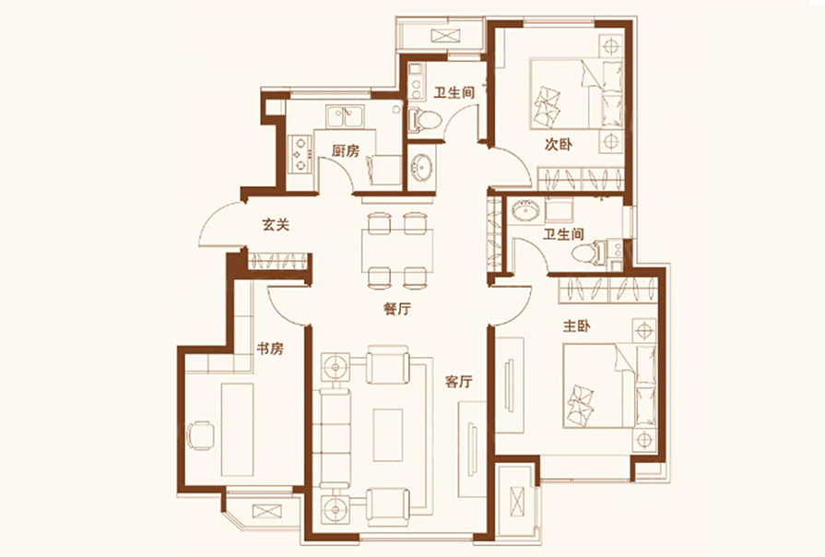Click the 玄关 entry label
point(276,225)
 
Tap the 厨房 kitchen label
point(345,151)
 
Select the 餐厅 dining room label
point(397,309)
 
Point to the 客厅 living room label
point(458,382)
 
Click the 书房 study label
point(270,349)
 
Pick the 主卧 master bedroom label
point(576,326)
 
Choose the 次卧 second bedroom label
point(559,144)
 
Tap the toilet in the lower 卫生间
point(590,253)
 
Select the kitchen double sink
point(345,116)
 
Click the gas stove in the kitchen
point(300,154)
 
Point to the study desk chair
point(200,435)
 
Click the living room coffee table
point(388,435)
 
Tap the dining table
point(397,250)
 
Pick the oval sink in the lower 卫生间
point(525,211)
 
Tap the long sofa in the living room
point(335,438)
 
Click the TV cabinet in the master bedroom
point(510,385)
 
